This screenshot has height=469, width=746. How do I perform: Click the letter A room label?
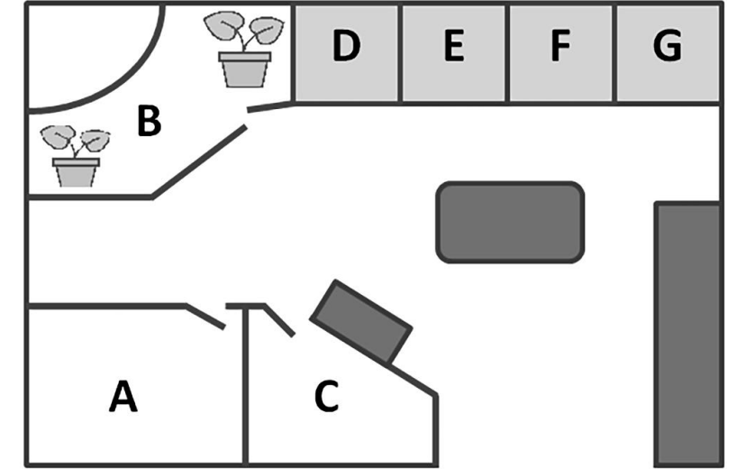123,396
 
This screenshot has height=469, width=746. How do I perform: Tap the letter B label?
150,121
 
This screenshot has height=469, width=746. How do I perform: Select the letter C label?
326,396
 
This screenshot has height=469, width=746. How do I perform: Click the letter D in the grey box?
346,45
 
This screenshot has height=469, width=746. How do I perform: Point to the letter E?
454,45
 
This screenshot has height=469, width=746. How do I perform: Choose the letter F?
560,45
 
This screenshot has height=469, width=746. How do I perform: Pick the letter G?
668,45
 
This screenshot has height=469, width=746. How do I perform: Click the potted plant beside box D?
244,50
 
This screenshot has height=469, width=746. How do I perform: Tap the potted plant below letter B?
76,156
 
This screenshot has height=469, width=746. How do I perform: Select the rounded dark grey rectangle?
510,222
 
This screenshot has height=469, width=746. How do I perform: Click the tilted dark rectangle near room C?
361,322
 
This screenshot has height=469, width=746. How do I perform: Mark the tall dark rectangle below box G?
688,334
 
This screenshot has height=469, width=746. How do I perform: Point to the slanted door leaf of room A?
205,317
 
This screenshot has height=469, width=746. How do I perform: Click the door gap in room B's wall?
247,118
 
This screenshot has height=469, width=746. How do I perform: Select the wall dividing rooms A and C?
245,386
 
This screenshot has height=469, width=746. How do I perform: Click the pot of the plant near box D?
244,69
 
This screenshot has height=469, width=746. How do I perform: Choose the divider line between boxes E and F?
507,52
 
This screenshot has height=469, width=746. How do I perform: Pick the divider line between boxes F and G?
614,52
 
